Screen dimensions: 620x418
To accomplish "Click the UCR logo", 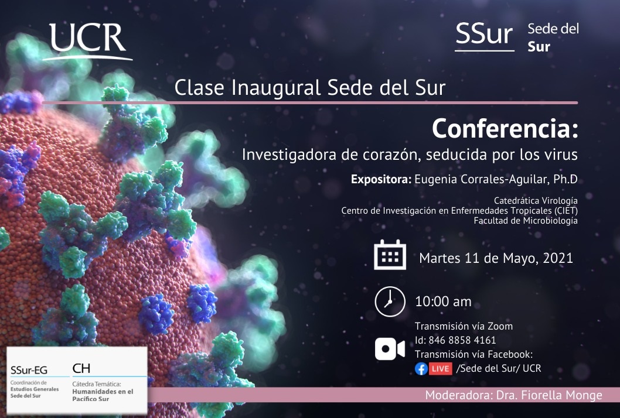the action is pyautogui.click(x=87, y=41).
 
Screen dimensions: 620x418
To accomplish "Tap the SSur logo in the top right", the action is pyautogui.click(x=485, y=36).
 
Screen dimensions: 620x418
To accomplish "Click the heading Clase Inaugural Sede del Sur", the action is pyautogui.click(x=310, y=87).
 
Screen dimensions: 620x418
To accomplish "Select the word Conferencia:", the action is pyautogui.click(x=505, y=128).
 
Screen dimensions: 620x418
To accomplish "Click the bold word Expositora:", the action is pyautogui.click(x=381, y=179).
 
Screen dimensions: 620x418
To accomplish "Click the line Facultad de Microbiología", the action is pyautogui.click(x=526, y=221).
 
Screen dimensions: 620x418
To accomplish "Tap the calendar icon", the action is pyautogui.click(x=390, y=255).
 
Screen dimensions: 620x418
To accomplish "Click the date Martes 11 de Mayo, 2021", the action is pyautogui.click(x=496, y=258).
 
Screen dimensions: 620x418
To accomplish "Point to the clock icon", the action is pyautogui.click(x=390, y=301).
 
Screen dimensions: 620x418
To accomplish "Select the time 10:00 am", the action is pyautogui.click(x=443, y=302).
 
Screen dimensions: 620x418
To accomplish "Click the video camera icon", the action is pyautogui.click(x=390, y=349).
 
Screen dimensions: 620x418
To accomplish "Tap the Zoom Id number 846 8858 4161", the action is pyautogui.click(x=462, y=340).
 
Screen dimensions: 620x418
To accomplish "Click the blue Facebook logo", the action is pyautogui.click(x=421, y=369).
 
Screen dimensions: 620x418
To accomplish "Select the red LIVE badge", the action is pyautogui.click(x=440, y=369).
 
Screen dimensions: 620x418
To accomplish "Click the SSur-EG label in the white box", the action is pyautogui.click(x=29, y=370).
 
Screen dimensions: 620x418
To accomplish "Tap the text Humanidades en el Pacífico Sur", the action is pyautogui.click(x=103, y=395).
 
